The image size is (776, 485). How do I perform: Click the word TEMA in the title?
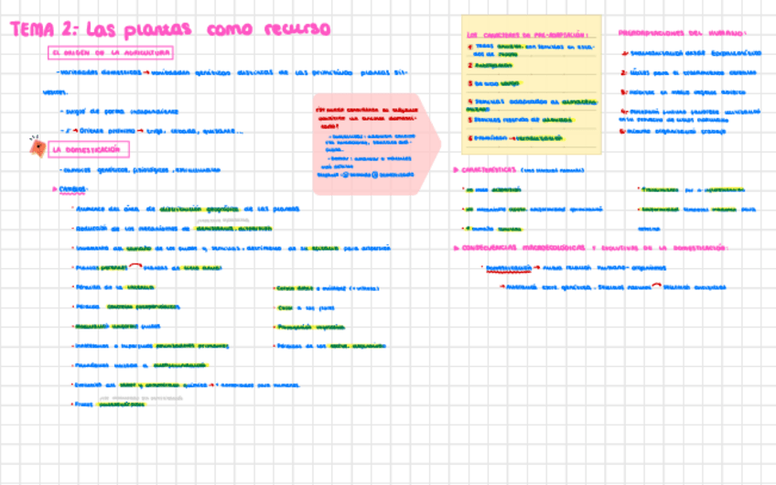tap(33, 29)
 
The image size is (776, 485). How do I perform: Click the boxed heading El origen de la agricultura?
tap(111, 53)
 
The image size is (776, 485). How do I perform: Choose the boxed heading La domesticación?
tap(90, 149)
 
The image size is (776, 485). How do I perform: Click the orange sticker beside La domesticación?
tap(37, 145)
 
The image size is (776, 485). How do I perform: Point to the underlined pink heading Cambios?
tap(74, 189)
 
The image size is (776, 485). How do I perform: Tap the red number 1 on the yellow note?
tap(469, 47)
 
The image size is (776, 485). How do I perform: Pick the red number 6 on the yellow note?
tap(469, 137)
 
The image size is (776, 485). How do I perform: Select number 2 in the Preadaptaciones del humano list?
tap(623, 70)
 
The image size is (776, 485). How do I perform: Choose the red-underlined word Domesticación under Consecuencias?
tap(508, 268)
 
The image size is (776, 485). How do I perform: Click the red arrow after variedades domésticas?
tap(145, 71)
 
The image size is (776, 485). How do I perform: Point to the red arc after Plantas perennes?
tap(135, 266)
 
